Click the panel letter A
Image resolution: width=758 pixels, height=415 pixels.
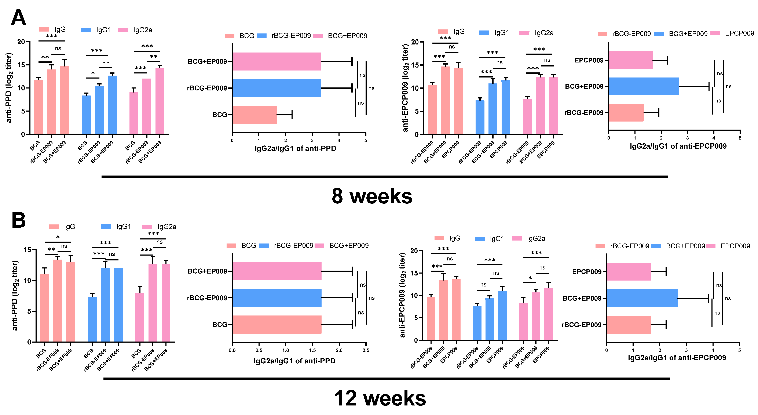coord(18,18)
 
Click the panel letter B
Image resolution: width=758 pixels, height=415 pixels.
coord(19,220)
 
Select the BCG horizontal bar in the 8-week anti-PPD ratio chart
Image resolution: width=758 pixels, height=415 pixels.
coord(254,115)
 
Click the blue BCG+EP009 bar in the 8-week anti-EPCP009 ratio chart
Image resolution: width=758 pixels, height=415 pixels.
coord(644,86)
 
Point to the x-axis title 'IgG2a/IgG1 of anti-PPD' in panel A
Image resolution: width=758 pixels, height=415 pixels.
coord(295,148)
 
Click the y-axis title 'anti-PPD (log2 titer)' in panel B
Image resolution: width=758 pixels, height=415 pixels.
coord(15,295)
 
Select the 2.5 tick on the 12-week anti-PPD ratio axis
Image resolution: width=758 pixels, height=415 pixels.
coord(366,350)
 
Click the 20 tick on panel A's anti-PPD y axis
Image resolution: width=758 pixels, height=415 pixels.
coord(21,42)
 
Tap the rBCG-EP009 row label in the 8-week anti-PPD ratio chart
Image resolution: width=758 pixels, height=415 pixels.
coord(207,88)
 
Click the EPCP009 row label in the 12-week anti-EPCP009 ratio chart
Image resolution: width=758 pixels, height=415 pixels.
coord(586,272)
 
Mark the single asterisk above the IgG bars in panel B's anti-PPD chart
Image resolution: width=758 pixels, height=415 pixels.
coord(58,237)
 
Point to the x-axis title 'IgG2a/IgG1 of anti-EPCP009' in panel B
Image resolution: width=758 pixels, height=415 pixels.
coord(677,358)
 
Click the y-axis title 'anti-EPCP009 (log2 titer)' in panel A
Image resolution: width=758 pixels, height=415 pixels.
coord(405,88)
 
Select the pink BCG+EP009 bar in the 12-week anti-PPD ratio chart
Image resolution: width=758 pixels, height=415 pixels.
coord(277,271)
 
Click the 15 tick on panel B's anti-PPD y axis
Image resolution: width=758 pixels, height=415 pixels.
coord(27,249)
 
